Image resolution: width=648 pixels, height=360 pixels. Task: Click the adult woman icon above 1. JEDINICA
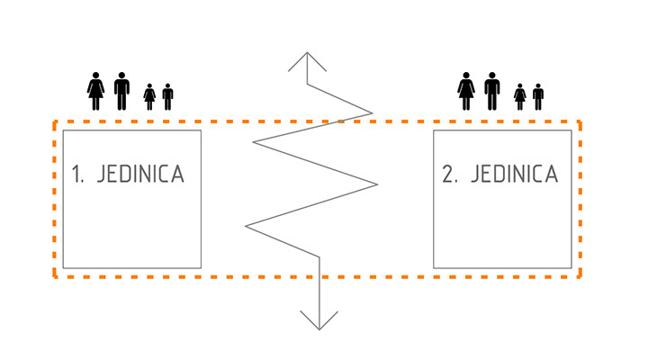(x=96, y=91)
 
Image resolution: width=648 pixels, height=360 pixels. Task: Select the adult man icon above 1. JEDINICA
(x=121, y=91)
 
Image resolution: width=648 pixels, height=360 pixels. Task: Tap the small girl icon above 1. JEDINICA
(x=150, y=96)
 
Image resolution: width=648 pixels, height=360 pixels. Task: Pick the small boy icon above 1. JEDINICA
(x=167, y=96)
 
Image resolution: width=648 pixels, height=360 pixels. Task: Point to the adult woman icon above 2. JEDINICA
(x=466, y=91)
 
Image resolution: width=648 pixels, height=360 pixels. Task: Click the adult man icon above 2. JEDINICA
(x=491, y=91)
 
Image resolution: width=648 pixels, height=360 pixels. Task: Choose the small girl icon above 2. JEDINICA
(x=520, y=96)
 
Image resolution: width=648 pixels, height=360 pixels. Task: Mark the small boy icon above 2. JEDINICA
(x=538, y=96)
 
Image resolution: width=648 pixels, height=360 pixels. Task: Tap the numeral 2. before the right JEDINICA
(x=449, y=175)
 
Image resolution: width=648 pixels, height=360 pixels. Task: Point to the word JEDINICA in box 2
(x=512, y=175)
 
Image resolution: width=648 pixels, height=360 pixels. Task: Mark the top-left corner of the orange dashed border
(x=55, y=121)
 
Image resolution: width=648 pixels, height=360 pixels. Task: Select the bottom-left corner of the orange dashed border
(x=55, y=276)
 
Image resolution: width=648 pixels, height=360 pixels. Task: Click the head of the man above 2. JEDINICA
(x=491, y=76)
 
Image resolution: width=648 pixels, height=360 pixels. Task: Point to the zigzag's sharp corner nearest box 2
(x=377, y=184)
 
